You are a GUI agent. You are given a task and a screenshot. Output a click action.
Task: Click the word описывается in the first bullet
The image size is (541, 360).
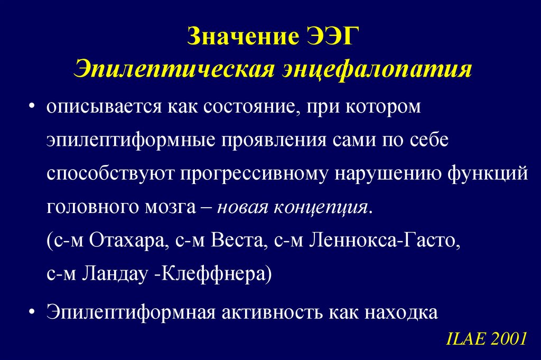100,107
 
